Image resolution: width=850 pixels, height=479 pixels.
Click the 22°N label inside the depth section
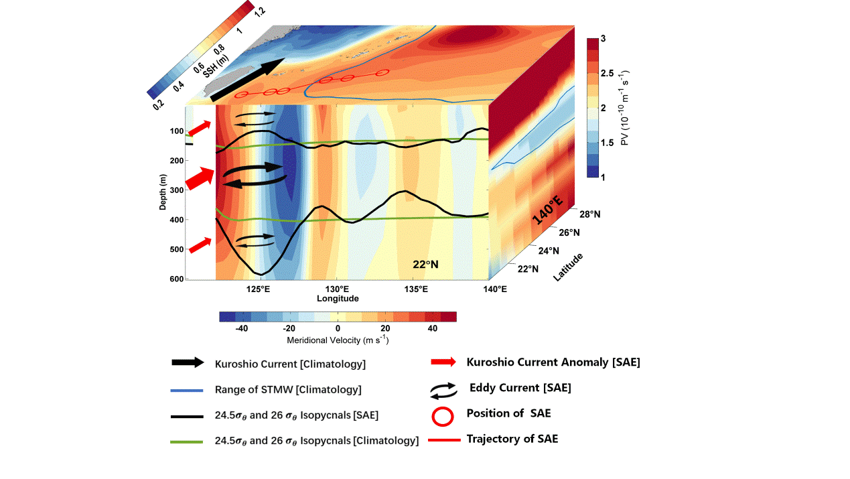coord(425,265)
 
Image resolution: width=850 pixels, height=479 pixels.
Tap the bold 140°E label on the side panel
coord(547,208)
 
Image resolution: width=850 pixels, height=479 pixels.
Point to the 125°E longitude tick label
coord(258,289)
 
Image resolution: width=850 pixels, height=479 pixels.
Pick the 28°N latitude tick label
coord(589,214)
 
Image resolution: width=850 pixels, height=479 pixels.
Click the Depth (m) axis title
coord(163,192)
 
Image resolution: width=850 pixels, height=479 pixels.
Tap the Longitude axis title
coord(338,298)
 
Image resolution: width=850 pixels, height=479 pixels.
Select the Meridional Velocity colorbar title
coord(338,340)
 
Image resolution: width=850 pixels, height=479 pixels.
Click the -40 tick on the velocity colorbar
coord(242,328)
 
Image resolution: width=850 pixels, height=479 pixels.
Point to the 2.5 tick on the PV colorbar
coord(608,73)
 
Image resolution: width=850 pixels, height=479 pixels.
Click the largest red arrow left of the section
coord(200,179)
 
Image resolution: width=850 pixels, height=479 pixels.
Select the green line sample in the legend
coord(187,441)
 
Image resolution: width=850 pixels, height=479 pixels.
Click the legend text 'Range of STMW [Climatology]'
coord(288,389)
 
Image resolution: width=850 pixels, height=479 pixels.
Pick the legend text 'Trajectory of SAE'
coord(512,439)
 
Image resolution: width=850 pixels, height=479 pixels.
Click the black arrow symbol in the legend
coord(187,362)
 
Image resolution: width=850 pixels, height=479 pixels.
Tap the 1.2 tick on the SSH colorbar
coord(259,11)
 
